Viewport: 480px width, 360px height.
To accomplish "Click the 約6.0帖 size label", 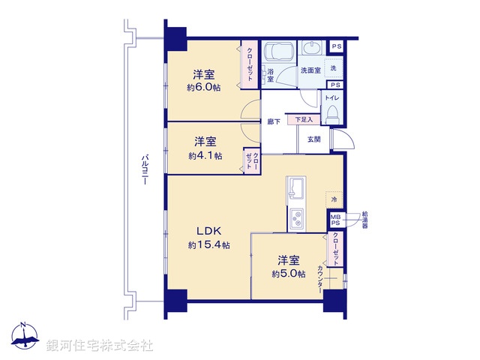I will (x=204, y=88).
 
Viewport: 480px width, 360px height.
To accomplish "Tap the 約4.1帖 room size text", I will (x=204, y=156).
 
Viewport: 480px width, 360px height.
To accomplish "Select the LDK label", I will (x=208, y=230).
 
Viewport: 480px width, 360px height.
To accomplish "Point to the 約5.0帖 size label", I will (x=288, y=274).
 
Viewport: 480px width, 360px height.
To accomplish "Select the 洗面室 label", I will (x=310, y=70).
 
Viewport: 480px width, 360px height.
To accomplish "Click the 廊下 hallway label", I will (x=274, y=121).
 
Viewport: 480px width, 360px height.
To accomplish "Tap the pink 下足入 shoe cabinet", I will (x=304, y=119).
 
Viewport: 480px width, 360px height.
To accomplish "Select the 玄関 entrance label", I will (x=313, y=139).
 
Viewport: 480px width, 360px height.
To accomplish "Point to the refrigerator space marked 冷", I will (x=334, y=199).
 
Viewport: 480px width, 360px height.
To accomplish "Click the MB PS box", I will (x=335, y=220).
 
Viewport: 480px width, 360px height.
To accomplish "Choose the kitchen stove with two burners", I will (x=296, y=219).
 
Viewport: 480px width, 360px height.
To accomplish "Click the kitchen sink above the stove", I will (x=296, y=187).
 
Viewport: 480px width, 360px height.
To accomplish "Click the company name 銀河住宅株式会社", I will (x=100, y=346).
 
